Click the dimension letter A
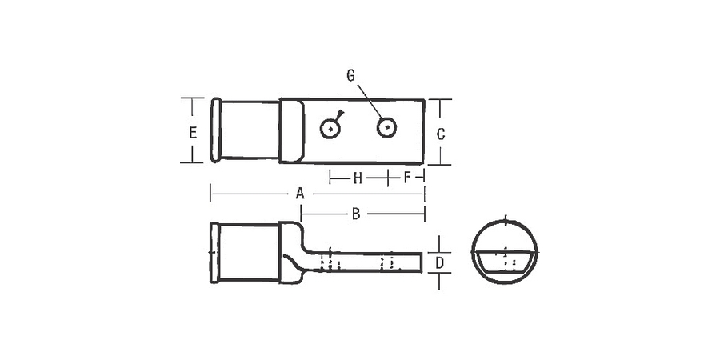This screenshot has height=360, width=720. tap(300, 194)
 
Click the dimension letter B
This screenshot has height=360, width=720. tap(356, 214)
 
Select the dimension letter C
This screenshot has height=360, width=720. tap(441, 134)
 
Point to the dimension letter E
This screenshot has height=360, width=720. tap(193, 133)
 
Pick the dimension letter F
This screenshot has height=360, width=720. tap(407, 177)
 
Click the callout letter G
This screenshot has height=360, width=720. tap(350, 75)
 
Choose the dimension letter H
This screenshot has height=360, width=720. tap(358, 177)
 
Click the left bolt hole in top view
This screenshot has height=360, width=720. tap(330, 128)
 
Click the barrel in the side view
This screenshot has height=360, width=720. tap(249, 252)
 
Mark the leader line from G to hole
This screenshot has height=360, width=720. tap(368, 100)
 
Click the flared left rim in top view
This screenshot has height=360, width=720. tap(215, 130)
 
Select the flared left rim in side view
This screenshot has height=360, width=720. tap(214, 252)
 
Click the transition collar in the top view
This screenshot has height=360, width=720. tap(291, 130)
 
